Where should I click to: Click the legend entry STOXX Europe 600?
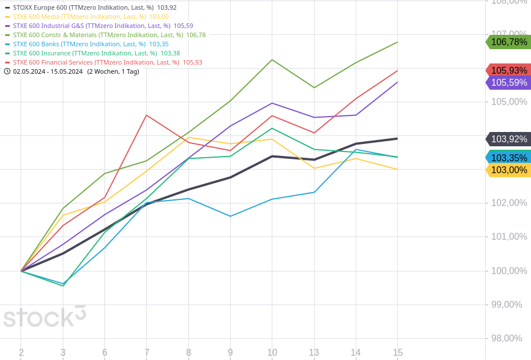pyautogui.click(x=86, y=7)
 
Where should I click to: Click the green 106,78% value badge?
pyautogui.click(x=508, y=42)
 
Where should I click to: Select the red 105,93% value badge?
pyautogui.click(x=508, y=70)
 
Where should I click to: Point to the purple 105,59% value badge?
pyautogui.click(x=508, y=82)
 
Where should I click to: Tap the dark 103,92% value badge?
pyautogui.click(x=508, y=139)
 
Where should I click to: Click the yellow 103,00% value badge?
pyautogui.click(x=508, y=170)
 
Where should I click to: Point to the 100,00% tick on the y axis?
pyautogui.click(x=509, y=271)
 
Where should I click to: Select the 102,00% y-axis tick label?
pyautogui.click(x=509, y=203)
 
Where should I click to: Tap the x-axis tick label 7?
pyautogui.click(x=147, y=353)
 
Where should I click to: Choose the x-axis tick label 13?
pyautogui.click(x=314, y=353)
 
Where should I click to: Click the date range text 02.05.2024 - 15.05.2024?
pyautogui.click(x=48, y=71)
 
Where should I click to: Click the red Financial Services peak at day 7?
pyautogui.click(x=147, y=115)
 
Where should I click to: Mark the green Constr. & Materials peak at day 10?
pyautogui.click(x=272, y=59)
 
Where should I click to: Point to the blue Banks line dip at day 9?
pyautogui.click(x=230, y=216)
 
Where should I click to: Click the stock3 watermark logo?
pyautogui.click(x=45, y=317)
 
